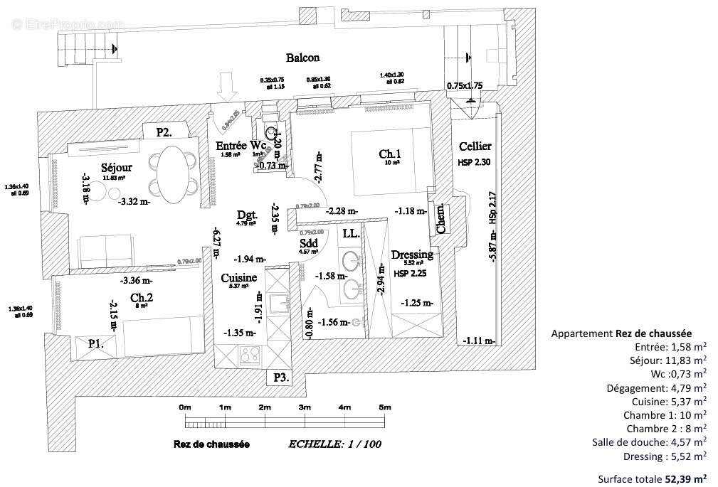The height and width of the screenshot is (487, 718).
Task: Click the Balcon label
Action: (x=302, y=58)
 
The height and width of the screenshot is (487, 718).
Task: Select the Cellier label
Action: (x=475, y=146)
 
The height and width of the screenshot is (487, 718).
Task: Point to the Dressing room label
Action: (x=412, y=255)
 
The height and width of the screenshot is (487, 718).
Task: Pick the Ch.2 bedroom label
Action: (x=139, y=297)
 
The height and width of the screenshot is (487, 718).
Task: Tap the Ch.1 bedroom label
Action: (x=390, y=154)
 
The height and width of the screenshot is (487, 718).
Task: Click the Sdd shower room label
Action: (x=309, y=242)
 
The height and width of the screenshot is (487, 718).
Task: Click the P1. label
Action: (x=96, y=343)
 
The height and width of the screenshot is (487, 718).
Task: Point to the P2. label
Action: (x=164, y=132)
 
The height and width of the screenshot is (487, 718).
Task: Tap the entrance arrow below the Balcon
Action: (x=228, y=88)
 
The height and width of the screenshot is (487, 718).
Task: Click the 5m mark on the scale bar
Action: (x=385, y=407)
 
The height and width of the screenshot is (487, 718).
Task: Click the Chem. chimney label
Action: (x=440, y=220)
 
